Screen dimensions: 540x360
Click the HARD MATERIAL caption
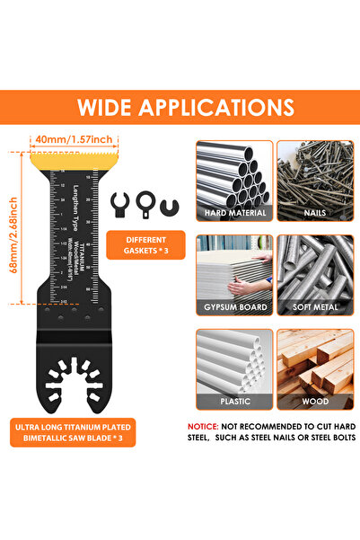[x=232, y=214]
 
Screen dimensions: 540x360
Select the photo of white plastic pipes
[x=232, y=359]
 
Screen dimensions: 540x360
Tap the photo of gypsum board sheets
[x=232, y=267]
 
